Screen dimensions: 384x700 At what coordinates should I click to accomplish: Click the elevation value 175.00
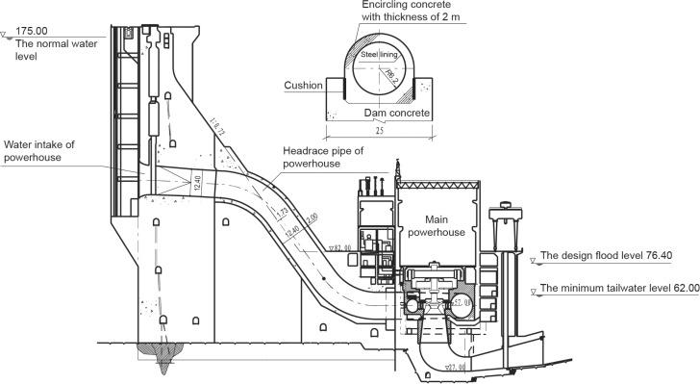(x=33, y=31)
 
